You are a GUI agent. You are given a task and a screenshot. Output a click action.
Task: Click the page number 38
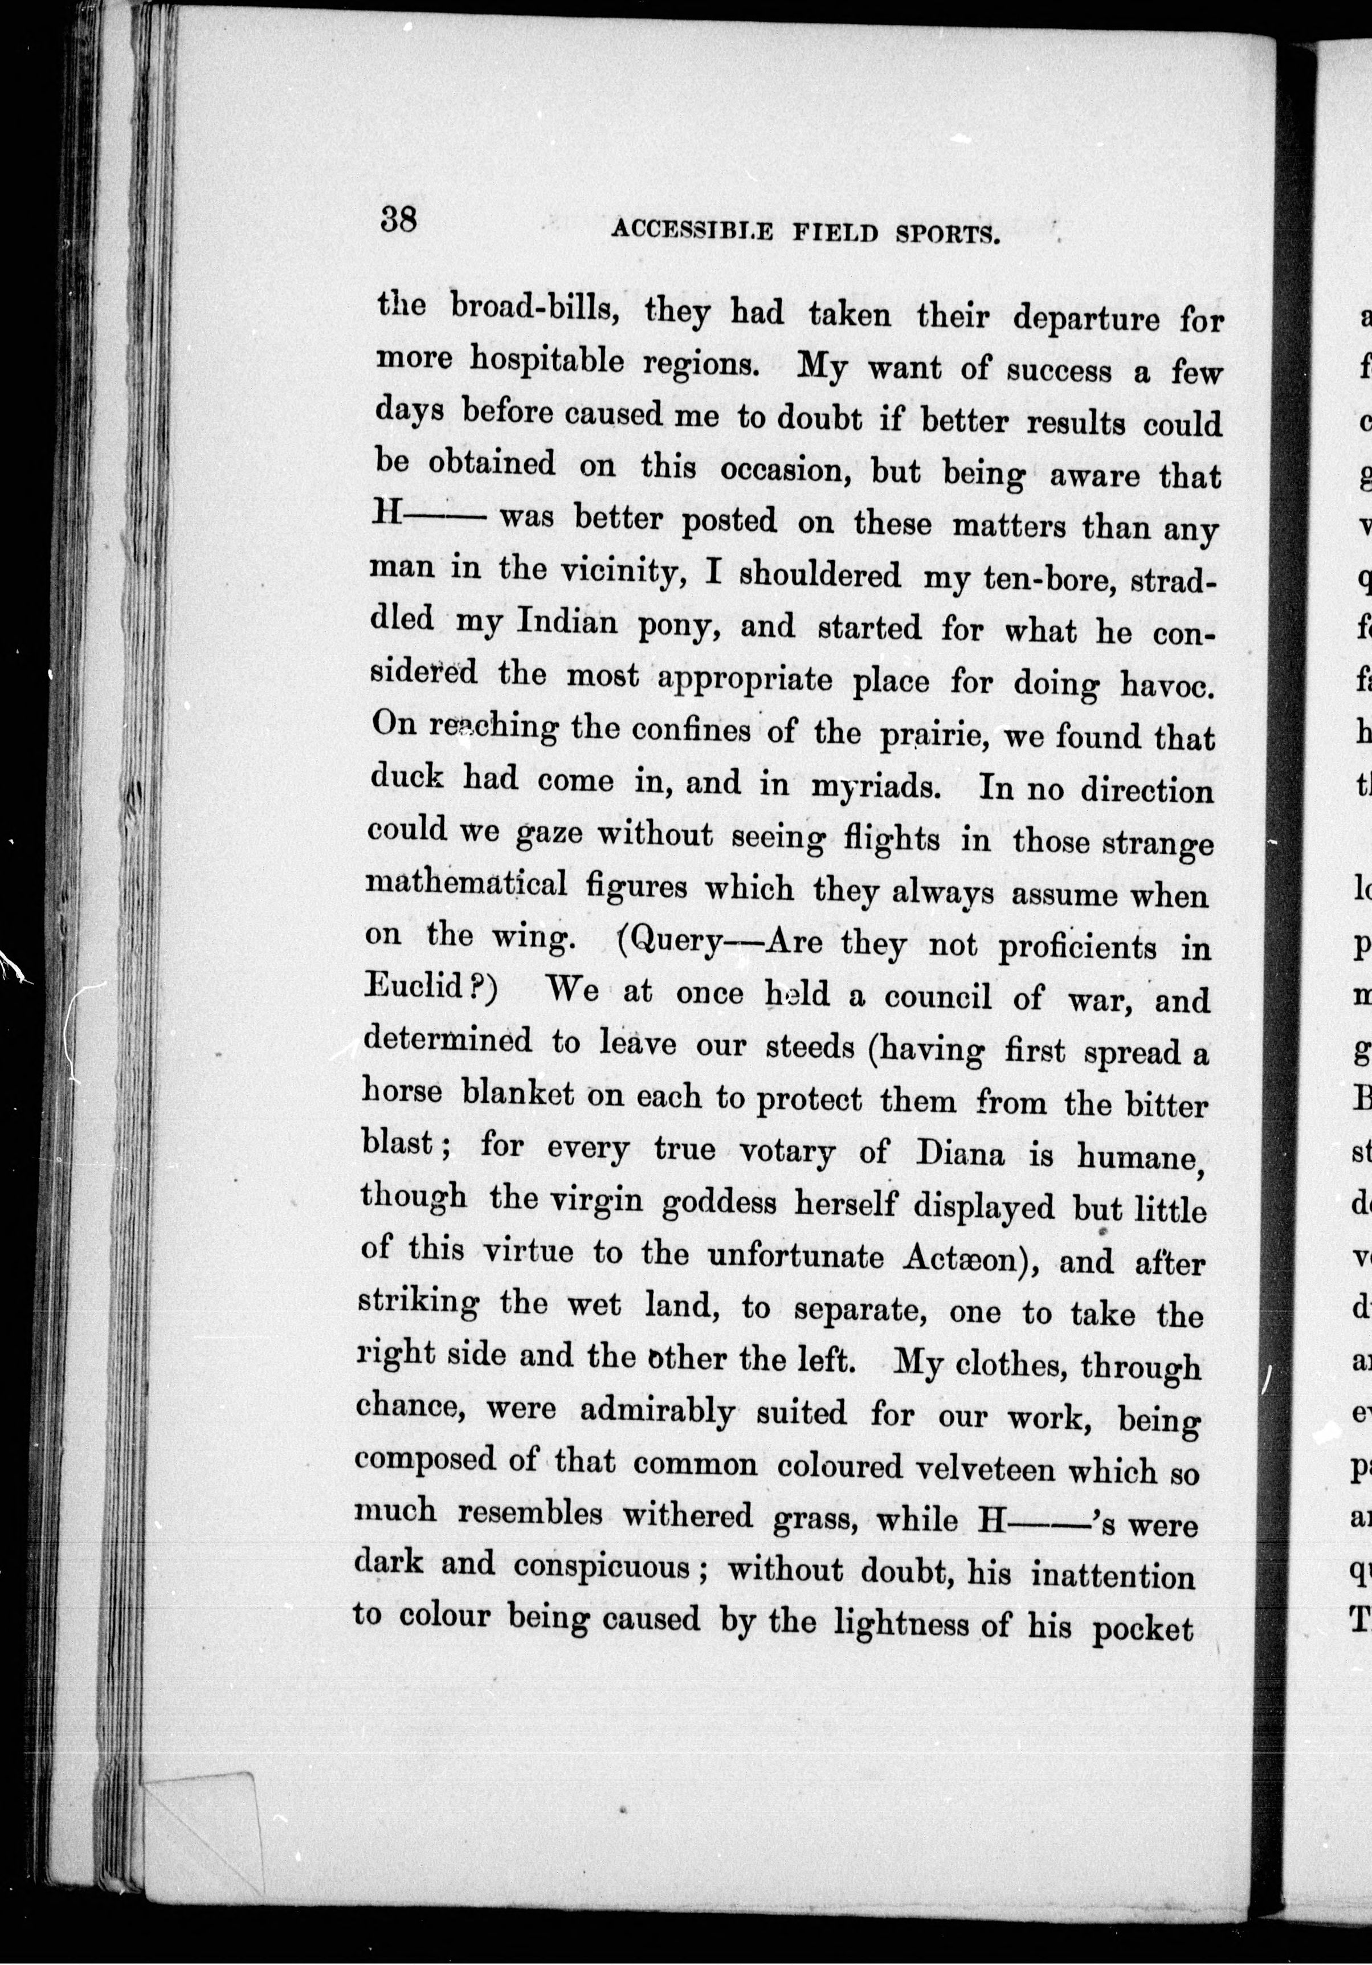tap(398, 220)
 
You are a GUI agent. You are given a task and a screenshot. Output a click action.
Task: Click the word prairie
tap(933, 734)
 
